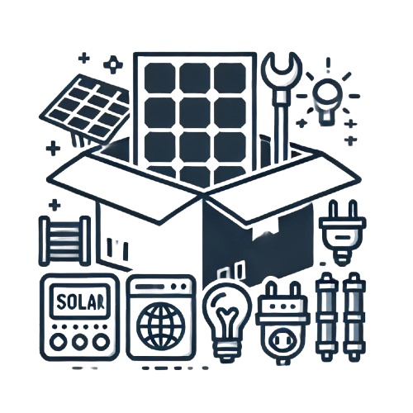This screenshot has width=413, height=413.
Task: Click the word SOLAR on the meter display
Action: [x=80, y=301]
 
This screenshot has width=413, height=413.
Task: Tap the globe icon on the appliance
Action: [x=161, y=326]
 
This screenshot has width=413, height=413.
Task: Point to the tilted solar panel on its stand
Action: [x=85, y=109]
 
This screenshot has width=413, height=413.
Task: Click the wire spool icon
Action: [x=65, y=240]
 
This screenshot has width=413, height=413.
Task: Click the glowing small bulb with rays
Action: [x=327, y=100]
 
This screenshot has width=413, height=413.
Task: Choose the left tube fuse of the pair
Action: [x=326, y=316]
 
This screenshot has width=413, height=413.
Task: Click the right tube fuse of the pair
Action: [x=354, y=316]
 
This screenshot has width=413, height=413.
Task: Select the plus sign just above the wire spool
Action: [x=54, y=205]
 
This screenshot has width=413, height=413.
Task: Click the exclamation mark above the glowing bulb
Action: [x=328, y=65]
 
